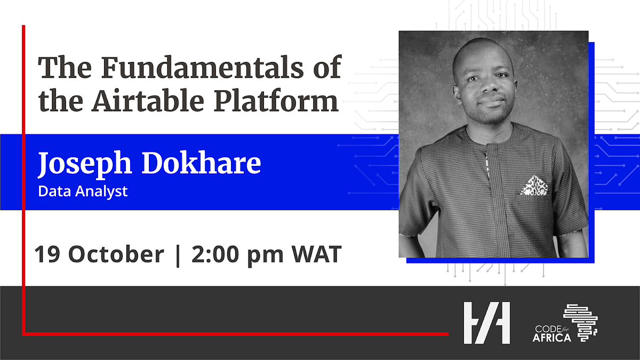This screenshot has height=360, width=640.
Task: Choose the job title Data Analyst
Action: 83,191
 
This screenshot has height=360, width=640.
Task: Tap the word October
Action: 116,255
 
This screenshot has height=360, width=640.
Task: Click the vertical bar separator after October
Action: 178,255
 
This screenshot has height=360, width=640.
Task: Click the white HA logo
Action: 486,322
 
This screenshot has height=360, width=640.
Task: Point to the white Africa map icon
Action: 581,322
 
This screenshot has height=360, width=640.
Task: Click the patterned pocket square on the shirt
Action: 534,186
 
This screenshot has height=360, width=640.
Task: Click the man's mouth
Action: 492,102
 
